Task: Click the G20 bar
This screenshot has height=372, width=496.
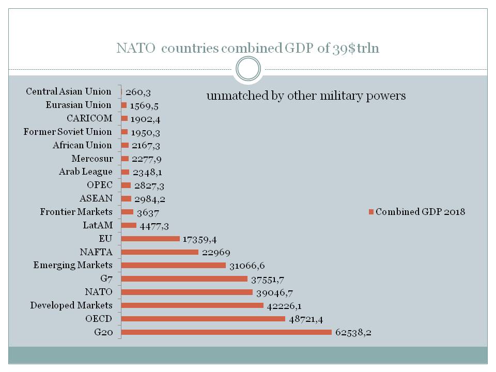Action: pos(226,332)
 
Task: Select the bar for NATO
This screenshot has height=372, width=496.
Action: pos(187,292)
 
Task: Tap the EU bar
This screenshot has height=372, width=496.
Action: pos(150,239)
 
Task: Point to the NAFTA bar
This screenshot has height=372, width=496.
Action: pos(160,252)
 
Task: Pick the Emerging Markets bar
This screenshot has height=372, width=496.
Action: pos(173,266)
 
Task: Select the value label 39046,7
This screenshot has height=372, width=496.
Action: pos(274,292)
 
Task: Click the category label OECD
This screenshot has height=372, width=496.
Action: pos(99,319)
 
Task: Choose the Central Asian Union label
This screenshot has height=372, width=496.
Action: pos(69,91)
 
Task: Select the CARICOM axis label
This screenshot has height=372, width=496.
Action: pos(89,118)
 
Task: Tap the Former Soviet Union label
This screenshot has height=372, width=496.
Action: pos(68,132)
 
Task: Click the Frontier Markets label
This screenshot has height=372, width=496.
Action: pos(76,212)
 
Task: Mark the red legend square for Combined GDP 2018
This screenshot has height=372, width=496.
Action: pos(370,212)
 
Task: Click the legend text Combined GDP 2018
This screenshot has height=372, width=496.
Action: pos(420,212)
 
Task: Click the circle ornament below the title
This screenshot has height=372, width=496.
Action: pos(247,69)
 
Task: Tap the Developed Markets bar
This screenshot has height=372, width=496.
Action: pos(192,305)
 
